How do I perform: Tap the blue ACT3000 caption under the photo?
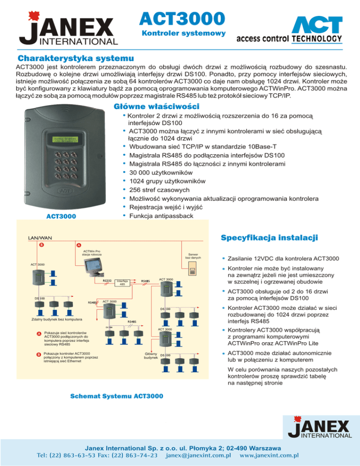(x=61, y=217)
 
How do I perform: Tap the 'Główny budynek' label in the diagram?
(x=150, y=357)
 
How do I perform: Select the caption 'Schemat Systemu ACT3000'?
(x=116, y=397)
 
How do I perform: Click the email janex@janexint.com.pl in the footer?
(x=200, y=455)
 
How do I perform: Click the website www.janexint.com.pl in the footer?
(x=269, y=455)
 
